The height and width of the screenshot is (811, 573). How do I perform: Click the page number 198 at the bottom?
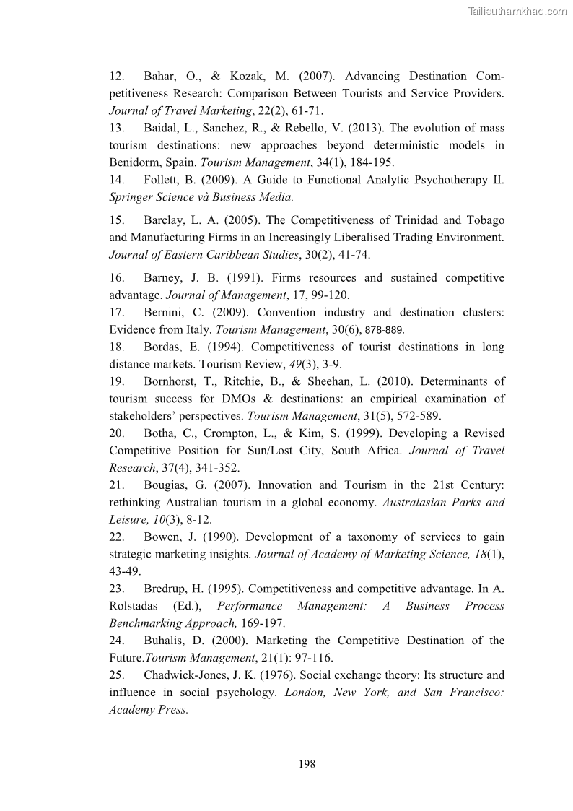tap(307, 764)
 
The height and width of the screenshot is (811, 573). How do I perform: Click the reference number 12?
tap(116, 77)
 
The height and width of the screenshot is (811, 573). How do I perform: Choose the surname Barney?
tap(164, 278)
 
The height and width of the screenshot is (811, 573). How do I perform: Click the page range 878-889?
tap(385, 330)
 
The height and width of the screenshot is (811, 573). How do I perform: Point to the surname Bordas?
tap(162, 347)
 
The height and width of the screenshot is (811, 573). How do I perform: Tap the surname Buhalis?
tap(165, 641)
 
